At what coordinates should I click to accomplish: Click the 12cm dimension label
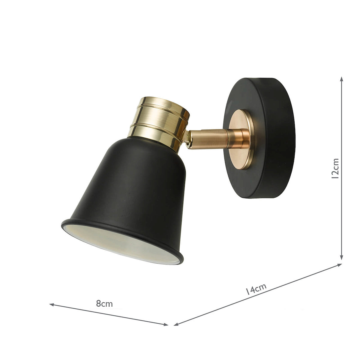point(336,168)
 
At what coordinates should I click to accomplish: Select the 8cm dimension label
point(104,304)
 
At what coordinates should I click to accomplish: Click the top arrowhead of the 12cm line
point(341,79)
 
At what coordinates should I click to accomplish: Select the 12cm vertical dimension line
point(341,210)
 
